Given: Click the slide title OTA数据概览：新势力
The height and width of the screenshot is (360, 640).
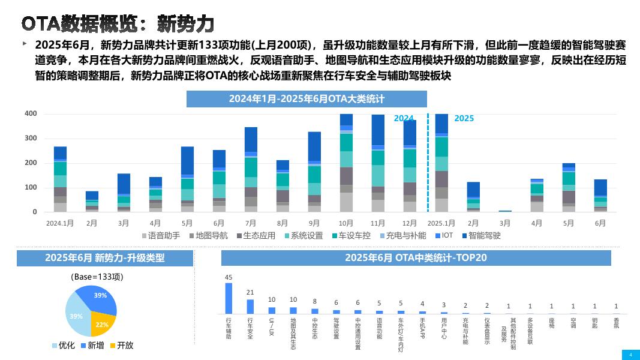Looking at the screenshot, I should (118, 23).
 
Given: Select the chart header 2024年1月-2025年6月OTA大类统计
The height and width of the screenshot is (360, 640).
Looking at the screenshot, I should (307, 99).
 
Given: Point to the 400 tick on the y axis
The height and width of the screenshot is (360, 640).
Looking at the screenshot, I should (31, 114).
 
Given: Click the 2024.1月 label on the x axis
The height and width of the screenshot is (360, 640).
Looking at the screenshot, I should (60, 223).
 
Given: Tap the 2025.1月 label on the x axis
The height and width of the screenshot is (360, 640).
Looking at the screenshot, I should (441, 223).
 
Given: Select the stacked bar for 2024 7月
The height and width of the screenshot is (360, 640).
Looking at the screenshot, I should (251, 169).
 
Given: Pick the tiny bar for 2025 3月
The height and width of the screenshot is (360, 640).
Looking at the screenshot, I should (505, 211).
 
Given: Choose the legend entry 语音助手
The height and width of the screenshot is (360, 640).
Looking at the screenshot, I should (160, 236).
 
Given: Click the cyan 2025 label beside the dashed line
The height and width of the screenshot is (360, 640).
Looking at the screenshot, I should (464, 118).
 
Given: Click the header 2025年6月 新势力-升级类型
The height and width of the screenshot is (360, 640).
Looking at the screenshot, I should (105, 258).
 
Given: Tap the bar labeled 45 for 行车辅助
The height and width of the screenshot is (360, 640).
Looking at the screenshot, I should (229, 298).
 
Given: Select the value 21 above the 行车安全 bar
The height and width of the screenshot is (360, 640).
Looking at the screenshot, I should (250, 292).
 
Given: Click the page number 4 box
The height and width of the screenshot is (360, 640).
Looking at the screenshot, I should (630, 355).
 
